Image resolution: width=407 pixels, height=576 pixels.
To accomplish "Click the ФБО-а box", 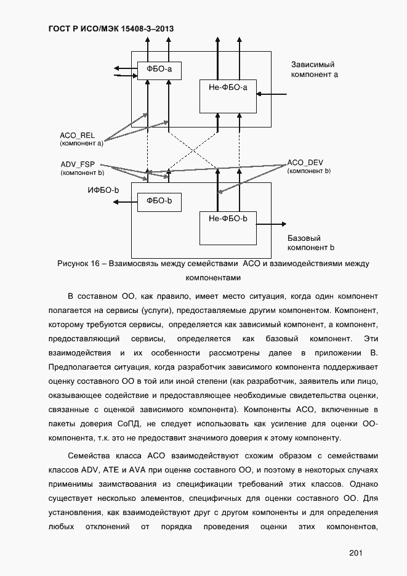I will [159, 71].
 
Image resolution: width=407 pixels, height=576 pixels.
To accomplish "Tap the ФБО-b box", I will [159, 201].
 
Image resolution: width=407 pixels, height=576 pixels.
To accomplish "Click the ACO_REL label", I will [77, 136].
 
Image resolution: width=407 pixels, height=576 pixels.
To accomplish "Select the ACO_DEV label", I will [305, 163].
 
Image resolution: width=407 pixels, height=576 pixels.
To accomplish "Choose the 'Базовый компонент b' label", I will [310, 243].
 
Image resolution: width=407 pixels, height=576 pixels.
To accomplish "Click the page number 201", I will [355, 553].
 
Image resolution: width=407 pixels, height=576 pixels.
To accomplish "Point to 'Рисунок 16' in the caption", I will [78, 264].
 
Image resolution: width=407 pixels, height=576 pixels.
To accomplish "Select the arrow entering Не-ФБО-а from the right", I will [272, 94].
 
